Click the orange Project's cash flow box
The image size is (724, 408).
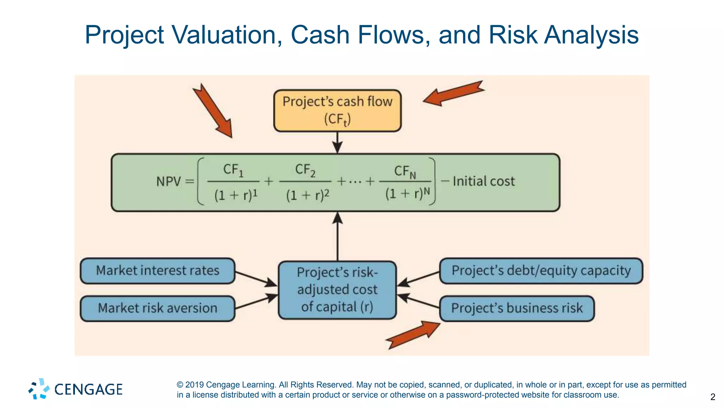[337, 110]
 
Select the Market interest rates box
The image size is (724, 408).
[158, 271]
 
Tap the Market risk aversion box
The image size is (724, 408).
[158, 308]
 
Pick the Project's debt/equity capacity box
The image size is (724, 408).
[541, 271]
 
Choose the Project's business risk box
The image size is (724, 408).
[517, 308]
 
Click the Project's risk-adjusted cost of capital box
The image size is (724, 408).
[337, 290]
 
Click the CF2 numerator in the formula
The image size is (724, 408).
[305, 170]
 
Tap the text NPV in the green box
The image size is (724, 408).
[169, 182]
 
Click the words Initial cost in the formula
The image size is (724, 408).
[484, 181]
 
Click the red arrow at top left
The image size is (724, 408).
[213, 111]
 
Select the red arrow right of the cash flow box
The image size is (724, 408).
[453, 93]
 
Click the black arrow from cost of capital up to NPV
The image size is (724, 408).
[338, 236]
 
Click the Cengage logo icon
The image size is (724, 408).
[39, 389]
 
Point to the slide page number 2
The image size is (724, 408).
[712, 397]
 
